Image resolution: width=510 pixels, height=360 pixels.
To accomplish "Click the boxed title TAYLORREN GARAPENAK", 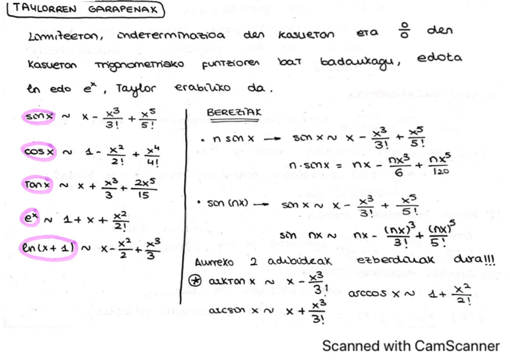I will click(x=86, y=10).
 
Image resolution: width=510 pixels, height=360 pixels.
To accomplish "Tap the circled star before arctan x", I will click(x=194, y=281).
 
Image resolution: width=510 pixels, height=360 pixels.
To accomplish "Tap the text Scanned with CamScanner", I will click(x=411, y=346).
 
